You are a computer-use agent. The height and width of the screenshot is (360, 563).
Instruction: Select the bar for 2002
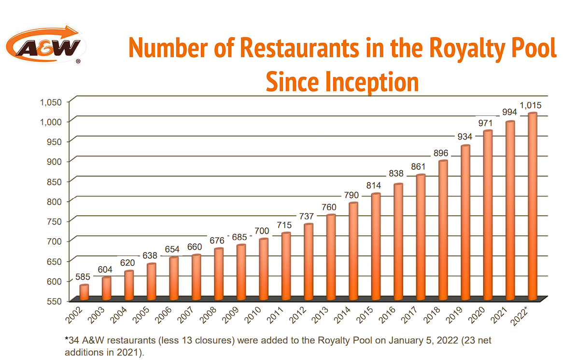(x=84, y=293)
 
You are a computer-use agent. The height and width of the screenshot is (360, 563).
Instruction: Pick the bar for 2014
(x=353, y=251)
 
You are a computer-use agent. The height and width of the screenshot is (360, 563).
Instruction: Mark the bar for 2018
(x=443, y=230)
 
